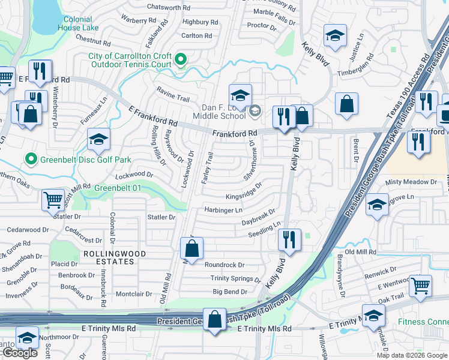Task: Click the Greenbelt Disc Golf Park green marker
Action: pyautogui.click(x=31, y=159)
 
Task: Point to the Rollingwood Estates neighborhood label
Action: pyautogui.click(x=114, y=257)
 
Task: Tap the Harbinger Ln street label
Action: pyautogui.click(x=223, y=210)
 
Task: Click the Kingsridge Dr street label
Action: pyautogui.click(x=244, y=194)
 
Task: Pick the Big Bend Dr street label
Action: pyautogui.click(x=230, y=292)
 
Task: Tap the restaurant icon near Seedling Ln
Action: pyautogui.click(x=289, y=239)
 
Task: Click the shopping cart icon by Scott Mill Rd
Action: pyautogui.click(x=53, y=199)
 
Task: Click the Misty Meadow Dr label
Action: pyautogui.click(x=411, y=182)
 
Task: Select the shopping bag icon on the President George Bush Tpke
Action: pyautogui.click(x=214, y=319)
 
